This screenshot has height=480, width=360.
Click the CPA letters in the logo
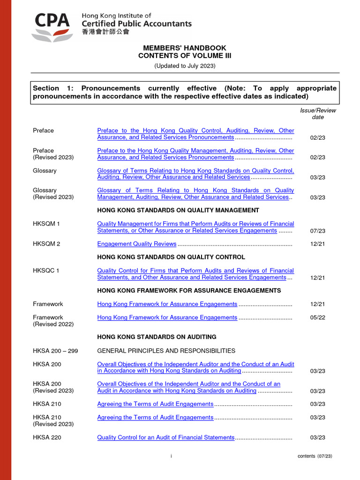click(x=52, y=21)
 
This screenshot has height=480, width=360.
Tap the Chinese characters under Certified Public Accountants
click(x=105, y=32)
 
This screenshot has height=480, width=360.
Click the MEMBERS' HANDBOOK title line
click(x=185, y=48)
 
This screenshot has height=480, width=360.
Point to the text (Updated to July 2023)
click(x=185, y=66)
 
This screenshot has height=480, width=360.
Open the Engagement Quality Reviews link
click(x=136, y=244)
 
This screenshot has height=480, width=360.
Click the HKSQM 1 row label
click(x=46, y=224)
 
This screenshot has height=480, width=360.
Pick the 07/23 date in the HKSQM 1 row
click(x=318, y=231)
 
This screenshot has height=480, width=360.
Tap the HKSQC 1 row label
click(x=46, y=270)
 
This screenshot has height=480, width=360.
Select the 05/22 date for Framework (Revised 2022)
click(x=318, y=317)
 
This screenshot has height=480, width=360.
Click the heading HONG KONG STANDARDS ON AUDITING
click(x=157, y=337)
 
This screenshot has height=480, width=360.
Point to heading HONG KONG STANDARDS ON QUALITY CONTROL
click(x=171, y=257)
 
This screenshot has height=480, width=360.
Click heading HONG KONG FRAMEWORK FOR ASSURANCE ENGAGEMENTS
click(x=189, y=291)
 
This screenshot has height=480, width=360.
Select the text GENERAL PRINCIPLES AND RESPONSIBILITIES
click(x=166, y=351)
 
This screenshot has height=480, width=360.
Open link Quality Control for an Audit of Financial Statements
click(x=165, y=437)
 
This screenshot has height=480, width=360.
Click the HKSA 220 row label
click(x=47, y=437)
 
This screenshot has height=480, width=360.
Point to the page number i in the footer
click(x=171, y=456)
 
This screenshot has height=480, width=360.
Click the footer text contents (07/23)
click(x=315, y=456)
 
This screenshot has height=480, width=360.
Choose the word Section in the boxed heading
click(x=46, y=88)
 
